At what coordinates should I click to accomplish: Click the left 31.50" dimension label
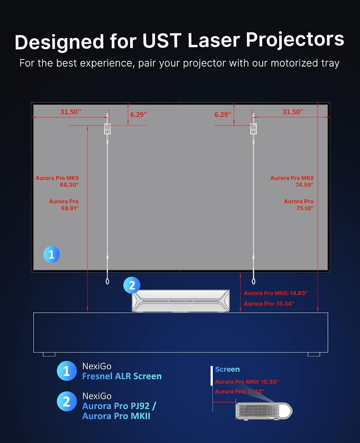pos(71,112)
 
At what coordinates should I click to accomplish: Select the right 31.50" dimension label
pos(293,112)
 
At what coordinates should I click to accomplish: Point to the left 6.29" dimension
pos(139,115)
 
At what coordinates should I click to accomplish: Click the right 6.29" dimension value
pos(223,115)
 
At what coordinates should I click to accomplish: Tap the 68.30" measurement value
pos(69,185)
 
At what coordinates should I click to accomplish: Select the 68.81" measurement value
pos(70,208)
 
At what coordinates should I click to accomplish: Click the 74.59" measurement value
pos(304,185)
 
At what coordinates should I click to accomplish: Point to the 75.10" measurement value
pos(305,208)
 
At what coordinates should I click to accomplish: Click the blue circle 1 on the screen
pos(52,254)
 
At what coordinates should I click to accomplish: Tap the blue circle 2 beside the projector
pos(132,285)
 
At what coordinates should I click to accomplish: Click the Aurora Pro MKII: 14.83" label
pos(276,293)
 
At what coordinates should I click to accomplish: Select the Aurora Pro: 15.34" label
pos(269,304)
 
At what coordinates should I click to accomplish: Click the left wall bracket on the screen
pos(107,129)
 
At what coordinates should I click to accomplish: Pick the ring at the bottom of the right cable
pos(253,281)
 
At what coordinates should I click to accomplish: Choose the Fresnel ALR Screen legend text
pos(122,376)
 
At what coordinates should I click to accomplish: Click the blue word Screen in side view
pos(227,369)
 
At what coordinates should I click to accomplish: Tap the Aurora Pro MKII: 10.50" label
pos(247,382)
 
